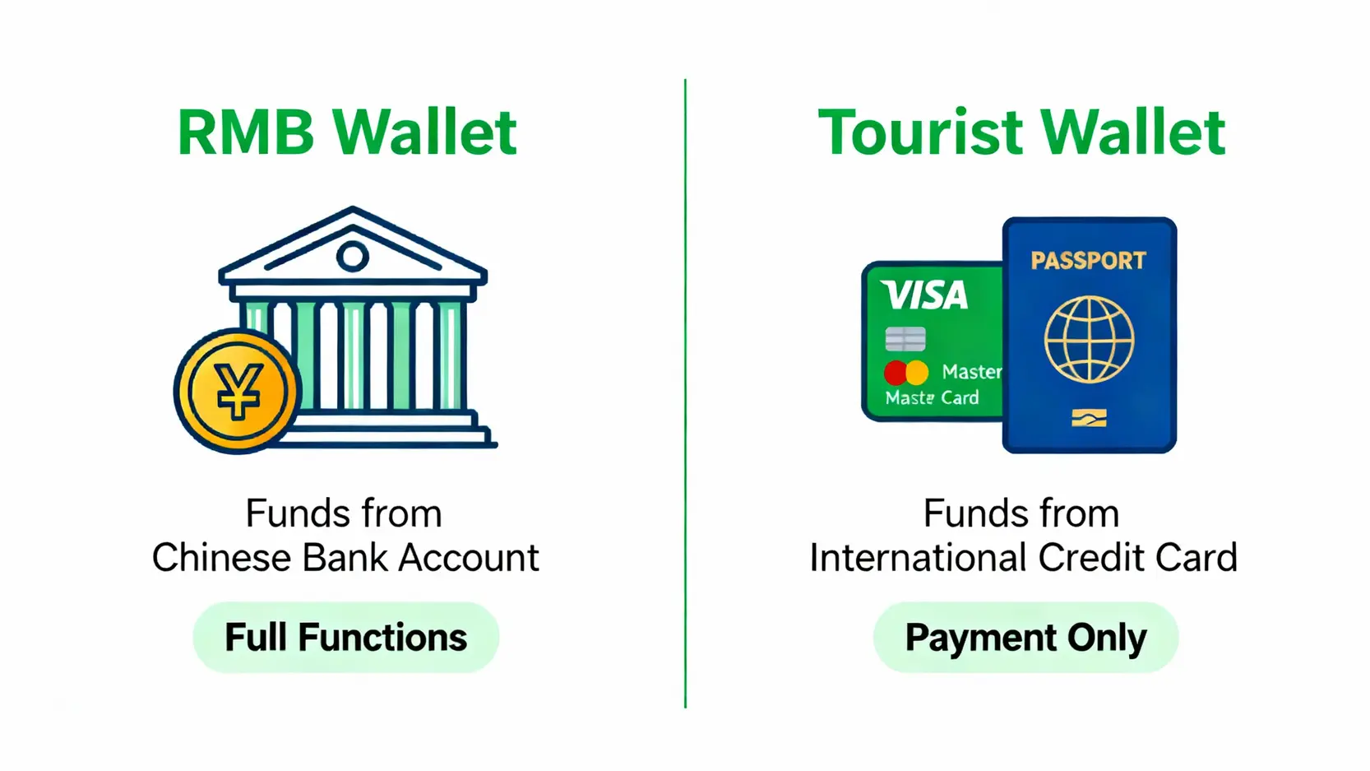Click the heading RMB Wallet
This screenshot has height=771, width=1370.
pyautogui.click(x=347, y=132)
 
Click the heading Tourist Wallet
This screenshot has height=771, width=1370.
pyautogui.click(x=1021, y=132)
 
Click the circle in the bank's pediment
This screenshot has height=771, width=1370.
pyautogui.click(x=352, y=257)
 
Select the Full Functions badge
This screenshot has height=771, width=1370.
pyautogui.click(x=346, y=637)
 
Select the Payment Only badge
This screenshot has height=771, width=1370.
pyautogui.click(x=1025, y=637)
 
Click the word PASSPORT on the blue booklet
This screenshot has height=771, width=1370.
pyautogui.click(x=1088, y=261)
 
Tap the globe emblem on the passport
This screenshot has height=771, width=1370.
pyautogui.click(x=1089, y=340)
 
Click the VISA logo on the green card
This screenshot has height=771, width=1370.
pyautogui.click(x=924, y=295)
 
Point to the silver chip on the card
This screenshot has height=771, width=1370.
pyautogui.click(x=905, y=339)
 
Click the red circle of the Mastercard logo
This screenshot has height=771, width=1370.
pyautogui.click(x=896, y=372)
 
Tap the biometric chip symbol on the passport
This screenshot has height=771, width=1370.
pyautogui.click(x=1089, y=419)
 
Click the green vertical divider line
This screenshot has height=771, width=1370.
pyautogui.click(x=685, y=393)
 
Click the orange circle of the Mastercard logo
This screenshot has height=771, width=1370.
pyautogui.click(x=917, y=372)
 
